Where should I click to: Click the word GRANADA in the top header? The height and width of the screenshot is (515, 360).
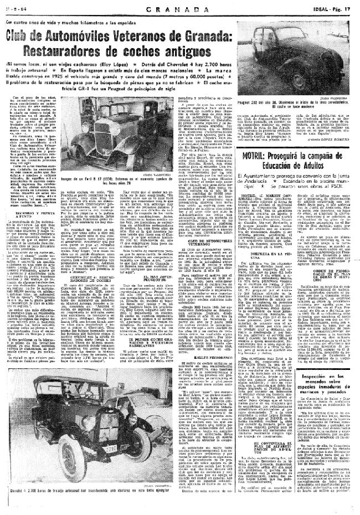click(179, 10)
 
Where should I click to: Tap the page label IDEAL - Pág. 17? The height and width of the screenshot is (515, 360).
click(332, 9)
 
